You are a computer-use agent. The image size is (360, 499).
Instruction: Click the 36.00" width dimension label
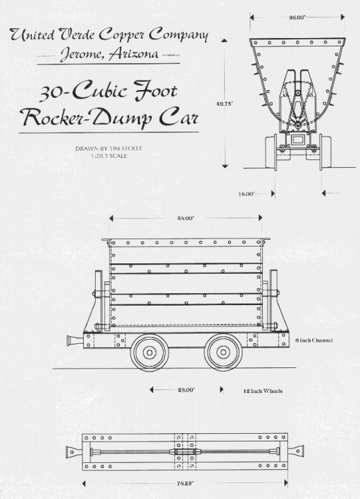pyautogui.click(x=297, y=17)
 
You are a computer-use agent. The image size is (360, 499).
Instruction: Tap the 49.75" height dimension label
pyautogui.click(x=225, y=103)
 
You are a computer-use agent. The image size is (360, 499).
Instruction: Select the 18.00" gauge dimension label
pyautogui.click(x=246, y=193)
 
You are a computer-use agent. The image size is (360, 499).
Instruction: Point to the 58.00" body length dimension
pyautogui.click(x=186, y=218)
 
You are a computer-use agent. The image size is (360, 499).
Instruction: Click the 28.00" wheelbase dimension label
pyautogui.click(x=186, y=389)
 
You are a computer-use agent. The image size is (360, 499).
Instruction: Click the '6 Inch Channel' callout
pyautogui.click(x=314, y=340)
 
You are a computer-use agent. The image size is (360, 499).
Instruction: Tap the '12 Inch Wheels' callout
pyautogui.click(x=263, y=391)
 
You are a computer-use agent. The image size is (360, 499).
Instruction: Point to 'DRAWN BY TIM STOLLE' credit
pyautogui.click(x=109, y=148)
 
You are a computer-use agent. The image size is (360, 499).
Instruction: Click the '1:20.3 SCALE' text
pyautogui.click(x=109, y=156)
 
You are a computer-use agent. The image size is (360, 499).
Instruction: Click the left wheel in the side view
pyautogui.click(x=149, y=351)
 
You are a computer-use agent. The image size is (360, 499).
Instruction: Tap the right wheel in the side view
pyautogui.click(x=222, y=351)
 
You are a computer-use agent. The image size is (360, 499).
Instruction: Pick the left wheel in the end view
pyautogui.click(x=271, y=152)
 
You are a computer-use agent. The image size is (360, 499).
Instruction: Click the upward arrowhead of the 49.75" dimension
pyautogui.click(x=225, y=40)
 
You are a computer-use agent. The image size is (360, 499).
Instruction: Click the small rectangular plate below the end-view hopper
pyautogui.click(x=298, y=139)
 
